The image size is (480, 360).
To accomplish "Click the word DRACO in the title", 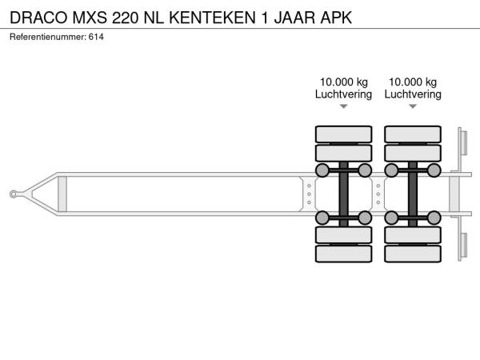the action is click(x=38, y=18).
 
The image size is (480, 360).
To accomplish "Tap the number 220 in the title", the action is click(x=125, y=18).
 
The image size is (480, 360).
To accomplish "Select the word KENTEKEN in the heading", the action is click(x=212, y=18).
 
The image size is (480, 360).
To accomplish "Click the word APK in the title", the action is click(x=336, y=18).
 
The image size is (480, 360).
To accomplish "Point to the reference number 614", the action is click(x=96, y=37).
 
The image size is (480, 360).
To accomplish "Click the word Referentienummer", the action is click(x=48, y=37).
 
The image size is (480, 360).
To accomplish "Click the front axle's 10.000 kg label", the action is click(x=344, y=82).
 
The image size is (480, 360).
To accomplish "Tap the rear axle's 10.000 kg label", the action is click(x=413, y=82).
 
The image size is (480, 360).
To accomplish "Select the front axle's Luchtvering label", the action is click(x=343, y=94).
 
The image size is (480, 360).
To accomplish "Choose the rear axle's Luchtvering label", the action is click(x=413, y=94).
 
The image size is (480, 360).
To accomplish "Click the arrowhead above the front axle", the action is click(x=344, y=106).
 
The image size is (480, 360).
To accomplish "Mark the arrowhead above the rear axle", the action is click(x=413, y=106).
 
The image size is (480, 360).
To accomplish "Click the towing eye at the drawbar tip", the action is click(x=13, y=194).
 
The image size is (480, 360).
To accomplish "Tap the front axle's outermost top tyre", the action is click(x=343, y=134).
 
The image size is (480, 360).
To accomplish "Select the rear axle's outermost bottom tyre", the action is click(x=413, y=254).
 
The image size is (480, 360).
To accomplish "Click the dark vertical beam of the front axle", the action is click(x=343, y=194).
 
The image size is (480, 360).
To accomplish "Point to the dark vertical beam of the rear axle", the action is click(x=413, y=194).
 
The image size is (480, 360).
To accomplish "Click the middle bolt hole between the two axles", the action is click(x=378, y=194).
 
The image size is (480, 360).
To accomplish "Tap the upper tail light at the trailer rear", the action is click(x=464, y=143).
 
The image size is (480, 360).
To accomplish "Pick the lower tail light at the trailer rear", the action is click(x=464, y=246).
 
